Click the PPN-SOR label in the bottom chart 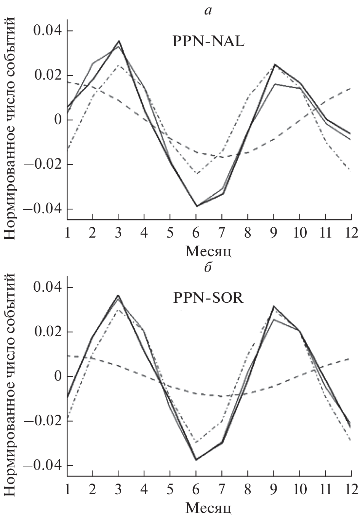[208, 298]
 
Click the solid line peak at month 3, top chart [119, 41]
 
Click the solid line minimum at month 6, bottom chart [196, 460]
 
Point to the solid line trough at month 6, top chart [196, 206]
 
